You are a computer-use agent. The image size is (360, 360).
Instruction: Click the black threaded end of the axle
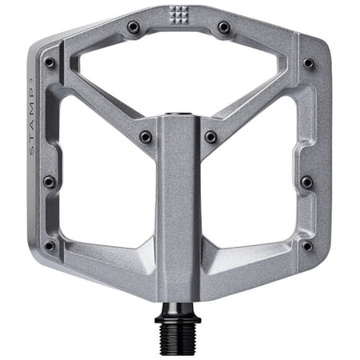(178, 339)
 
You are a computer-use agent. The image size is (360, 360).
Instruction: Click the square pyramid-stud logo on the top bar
(179, 14)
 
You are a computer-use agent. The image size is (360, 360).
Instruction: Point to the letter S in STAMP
(31, 151)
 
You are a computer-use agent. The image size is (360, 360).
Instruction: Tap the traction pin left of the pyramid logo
(134, 26)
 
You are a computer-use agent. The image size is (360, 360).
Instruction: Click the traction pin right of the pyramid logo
(224, 26)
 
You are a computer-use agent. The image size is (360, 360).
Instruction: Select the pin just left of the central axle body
(146, 137)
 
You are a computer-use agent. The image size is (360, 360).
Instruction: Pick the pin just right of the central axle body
(211, 137)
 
